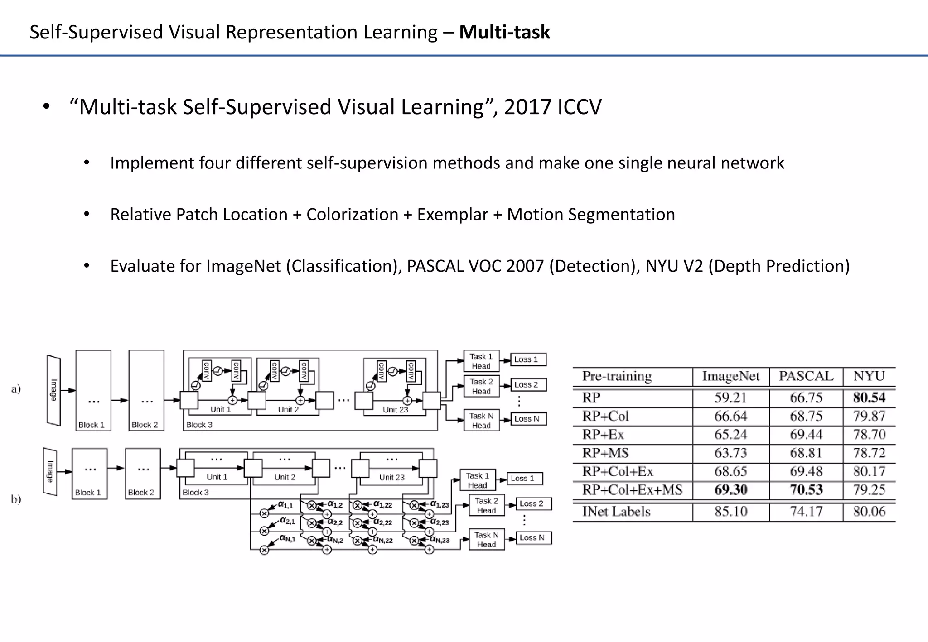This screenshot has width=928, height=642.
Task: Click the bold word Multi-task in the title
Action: tap(504, 32)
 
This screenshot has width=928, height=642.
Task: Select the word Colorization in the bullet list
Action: tap(352, 214)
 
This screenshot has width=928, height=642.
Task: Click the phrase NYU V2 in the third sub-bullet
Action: tap(674, 266)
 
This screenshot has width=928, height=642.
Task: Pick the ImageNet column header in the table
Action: tap(730, 376)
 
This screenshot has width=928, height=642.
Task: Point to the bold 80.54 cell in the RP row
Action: tap(869, 398)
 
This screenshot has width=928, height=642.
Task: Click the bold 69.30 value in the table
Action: tap(730, 490)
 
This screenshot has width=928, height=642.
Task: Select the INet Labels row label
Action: tap(616, 512)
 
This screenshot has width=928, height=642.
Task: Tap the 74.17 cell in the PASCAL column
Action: tap(806, 512)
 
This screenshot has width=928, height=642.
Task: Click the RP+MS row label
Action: tap(606, 453)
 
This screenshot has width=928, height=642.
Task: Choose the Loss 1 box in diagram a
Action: tap(528, 359)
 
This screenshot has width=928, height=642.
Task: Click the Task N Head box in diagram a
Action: tap(481, 420)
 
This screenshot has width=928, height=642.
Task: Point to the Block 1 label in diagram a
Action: tap(92, 425)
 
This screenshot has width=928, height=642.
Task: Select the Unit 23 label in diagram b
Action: tap(392, 477)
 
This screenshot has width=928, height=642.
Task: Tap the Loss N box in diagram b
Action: tap(532, 538)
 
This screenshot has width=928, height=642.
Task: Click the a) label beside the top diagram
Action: tap(16, 388)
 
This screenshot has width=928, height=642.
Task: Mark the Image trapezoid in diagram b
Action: tap(50, 471)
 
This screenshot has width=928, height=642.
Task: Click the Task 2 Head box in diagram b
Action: tap(486, 505)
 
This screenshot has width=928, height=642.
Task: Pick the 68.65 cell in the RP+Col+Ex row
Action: tap(730, 471)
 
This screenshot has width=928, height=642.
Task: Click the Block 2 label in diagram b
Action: tap(141, 493)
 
